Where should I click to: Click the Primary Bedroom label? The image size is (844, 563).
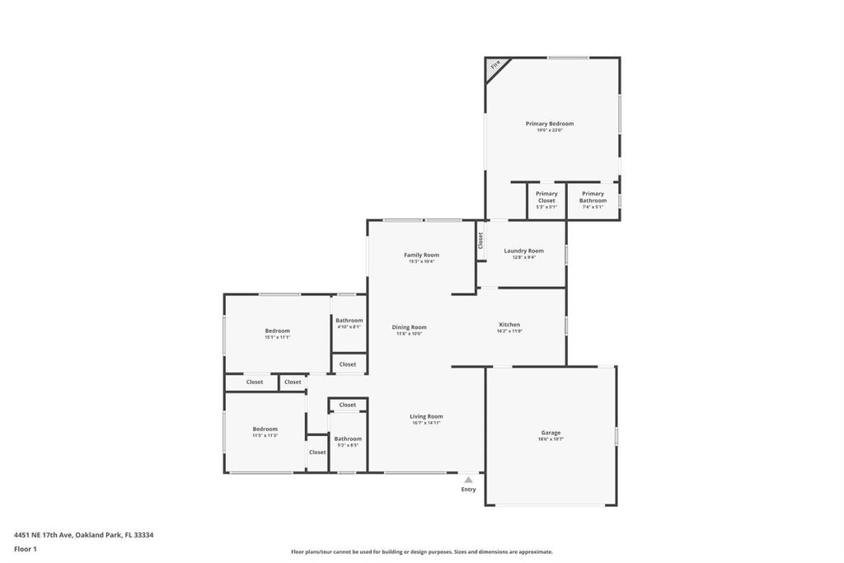click(x=549, y=124)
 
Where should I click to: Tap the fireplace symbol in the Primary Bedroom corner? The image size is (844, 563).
click(x=495, y=66)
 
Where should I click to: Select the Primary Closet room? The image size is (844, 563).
click(x=546, y=200)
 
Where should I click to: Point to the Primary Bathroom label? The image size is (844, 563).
click(x=593, y=197)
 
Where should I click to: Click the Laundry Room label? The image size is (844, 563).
click(x=523, y=251)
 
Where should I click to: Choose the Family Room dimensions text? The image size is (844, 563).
click(x=420, y=261)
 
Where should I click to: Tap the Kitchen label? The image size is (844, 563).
click(x=509, y=325)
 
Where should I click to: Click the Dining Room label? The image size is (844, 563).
click(x=409, y=327)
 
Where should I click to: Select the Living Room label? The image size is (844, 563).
click(x=426, y=416)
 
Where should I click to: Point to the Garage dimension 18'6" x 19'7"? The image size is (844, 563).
click(x=551, y=439)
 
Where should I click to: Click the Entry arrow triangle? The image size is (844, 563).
click(x=468, y=479)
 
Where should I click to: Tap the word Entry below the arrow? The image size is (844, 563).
click(x=468, y=490)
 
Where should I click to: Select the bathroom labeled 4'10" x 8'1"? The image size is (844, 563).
click(x=349, y=323)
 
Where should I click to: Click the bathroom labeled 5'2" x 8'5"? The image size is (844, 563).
click(x=348, y=442)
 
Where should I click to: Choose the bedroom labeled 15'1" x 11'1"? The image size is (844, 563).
click(x=277, y=334)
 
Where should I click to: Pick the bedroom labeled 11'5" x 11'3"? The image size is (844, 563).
click(x=265, y=432)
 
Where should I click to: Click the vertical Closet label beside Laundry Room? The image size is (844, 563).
click(x=480, y=240)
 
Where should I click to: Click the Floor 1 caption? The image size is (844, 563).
click(x=26, y=549)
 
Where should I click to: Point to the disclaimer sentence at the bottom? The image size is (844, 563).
click(x=421, y=552)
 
